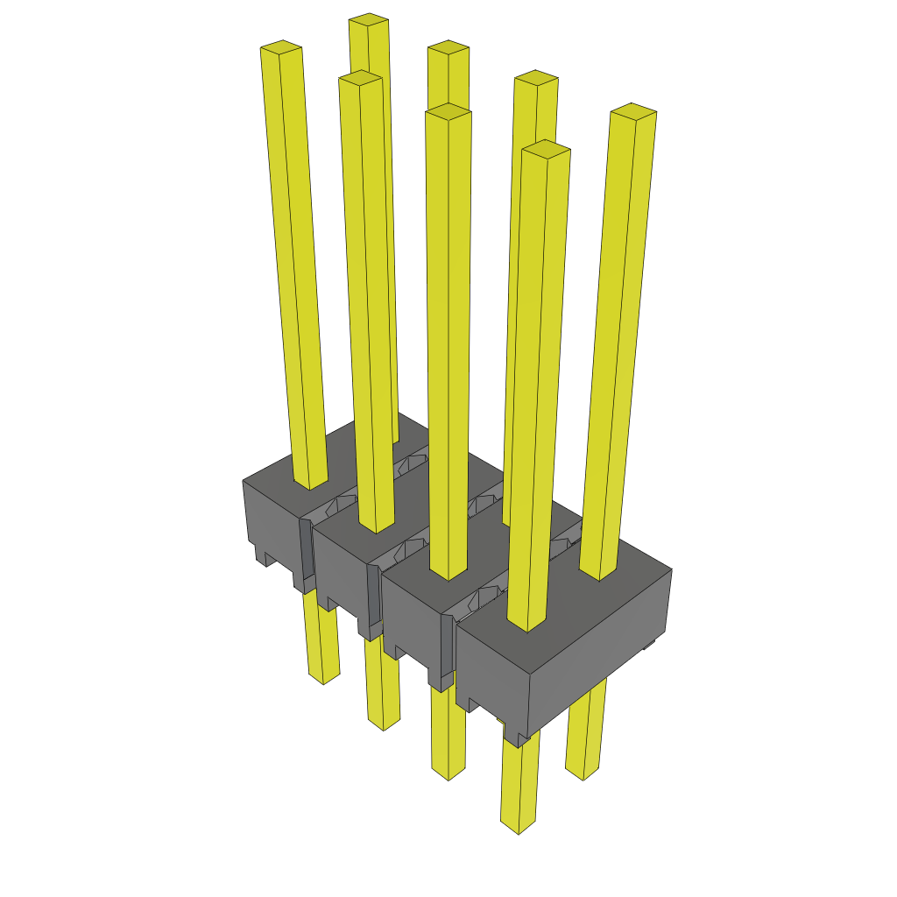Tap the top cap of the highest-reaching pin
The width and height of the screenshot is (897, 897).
click(368, 20)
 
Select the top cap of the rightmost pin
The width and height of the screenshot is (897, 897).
click(633, 110)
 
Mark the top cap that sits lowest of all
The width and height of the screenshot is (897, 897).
click(546, 149)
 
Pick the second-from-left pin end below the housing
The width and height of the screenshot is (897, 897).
click(384, 724)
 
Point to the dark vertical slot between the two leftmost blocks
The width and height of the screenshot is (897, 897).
click(306, 552)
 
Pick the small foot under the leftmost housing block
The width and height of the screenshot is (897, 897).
click(262, 555)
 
